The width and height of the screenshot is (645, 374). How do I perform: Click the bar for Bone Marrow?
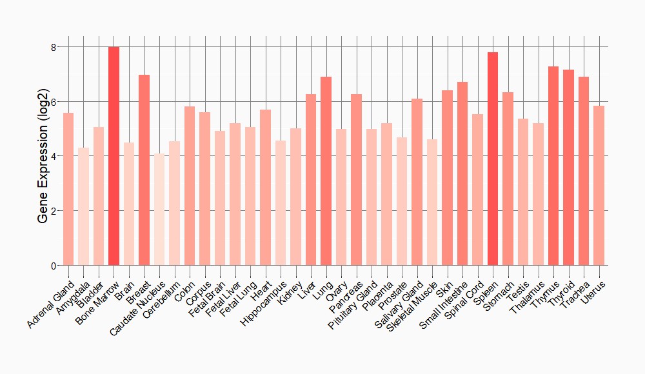point(114,156)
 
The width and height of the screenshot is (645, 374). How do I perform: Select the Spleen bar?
point(493,159)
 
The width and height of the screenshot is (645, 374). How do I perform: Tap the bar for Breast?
point(144,170)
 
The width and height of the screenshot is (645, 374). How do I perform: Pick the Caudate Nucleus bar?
point(159,210)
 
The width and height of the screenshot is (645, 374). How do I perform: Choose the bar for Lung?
point(326,171)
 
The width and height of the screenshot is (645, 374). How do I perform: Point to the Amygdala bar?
point(83,206)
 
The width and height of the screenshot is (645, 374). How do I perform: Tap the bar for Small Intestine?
point(462,173)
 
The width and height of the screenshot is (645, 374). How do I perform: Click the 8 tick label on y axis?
point(54,47)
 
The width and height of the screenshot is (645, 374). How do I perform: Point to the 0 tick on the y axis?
point(54,266)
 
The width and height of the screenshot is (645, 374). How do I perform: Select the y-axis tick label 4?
point(54,156)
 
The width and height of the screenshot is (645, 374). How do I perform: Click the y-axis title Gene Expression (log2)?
point(43,156)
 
